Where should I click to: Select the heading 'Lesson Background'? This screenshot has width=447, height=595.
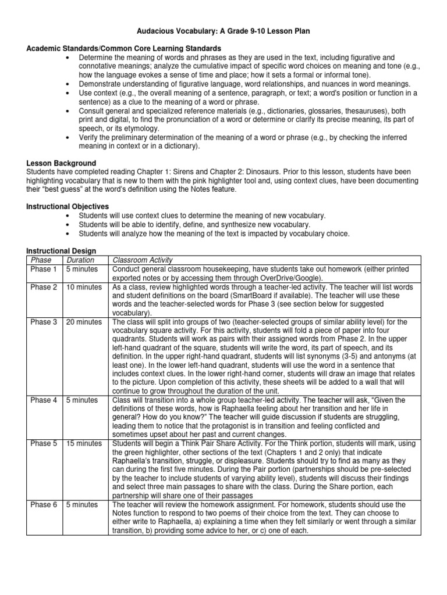(x=61, y=163)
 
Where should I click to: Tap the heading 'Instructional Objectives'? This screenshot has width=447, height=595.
(x=68, y=206)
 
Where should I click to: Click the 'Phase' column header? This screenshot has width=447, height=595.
(x=41, y=260)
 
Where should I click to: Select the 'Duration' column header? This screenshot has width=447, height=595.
(x=81, y=260)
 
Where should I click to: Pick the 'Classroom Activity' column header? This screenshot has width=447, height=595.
(x=143, y=260)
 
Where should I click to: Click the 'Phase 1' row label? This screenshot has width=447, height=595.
(x=44, y=269)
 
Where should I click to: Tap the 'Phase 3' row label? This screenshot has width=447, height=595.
(x=44, y=321)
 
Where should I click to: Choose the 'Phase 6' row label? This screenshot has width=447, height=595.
(x=44, y=504)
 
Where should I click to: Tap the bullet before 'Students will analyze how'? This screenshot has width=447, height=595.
(x=69, y=234)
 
